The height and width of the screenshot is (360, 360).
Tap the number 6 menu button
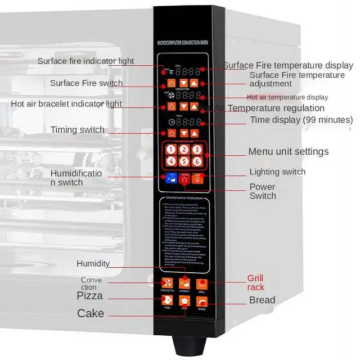click(197, 161)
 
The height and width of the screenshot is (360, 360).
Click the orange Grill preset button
click(202, 284)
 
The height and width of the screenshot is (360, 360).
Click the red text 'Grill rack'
click(255, 283)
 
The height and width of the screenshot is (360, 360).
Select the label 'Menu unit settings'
click(289, 151)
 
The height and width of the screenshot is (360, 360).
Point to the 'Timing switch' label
click(78, 130)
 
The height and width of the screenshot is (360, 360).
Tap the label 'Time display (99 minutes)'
click(301, 120)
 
